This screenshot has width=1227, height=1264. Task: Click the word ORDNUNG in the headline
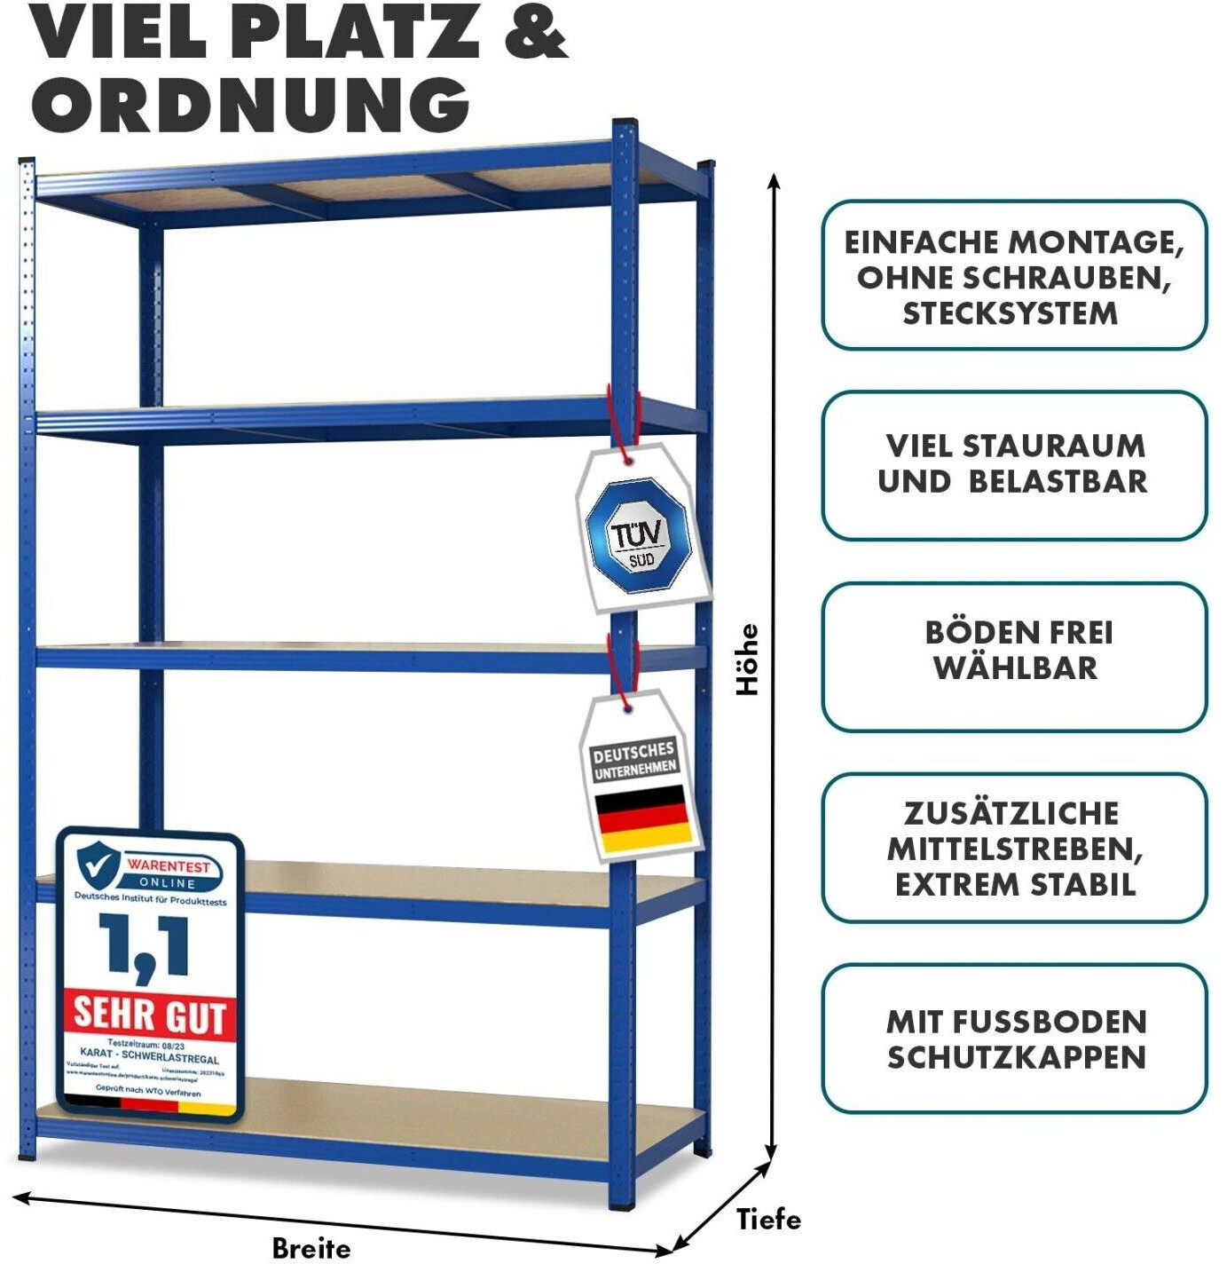click(250, 104)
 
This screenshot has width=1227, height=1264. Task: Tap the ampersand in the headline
click(535, 32)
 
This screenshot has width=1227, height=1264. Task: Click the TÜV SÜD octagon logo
click(639, 536)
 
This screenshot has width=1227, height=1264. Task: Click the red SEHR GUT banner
click(149, 1013)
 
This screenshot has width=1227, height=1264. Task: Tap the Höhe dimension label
click(748, 659)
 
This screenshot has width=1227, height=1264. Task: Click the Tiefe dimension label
click(768, 1219)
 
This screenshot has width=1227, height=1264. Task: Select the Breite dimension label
click(311, 1248)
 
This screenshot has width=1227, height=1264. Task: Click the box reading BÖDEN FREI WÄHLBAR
click(1014, 657)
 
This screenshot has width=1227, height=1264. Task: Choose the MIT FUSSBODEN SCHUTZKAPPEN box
click(1014, 1039)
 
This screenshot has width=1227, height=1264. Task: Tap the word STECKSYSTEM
click(1011, 313)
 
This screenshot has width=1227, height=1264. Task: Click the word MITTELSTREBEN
click(1014, 849)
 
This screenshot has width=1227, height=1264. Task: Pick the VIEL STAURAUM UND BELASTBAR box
click(1014, 465)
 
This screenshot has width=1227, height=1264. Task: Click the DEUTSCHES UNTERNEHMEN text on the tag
click(634, 760)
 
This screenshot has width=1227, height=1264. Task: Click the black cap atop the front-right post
click(625, 123)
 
